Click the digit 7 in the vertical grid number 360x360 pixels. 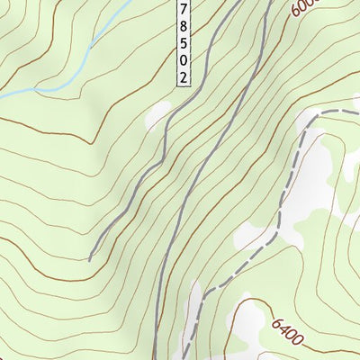pyautogui.click(x=184, y=8)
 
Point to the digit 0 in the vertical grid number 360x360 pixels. pyautogui.click(x=184, y=60)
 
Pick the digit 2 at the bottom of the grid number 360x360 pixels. pyautogui.click(x=184, y=78)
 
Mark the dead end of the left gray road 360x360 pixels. pyautogui.click(x=90, y=259)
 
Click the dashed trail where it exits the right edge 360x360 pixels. pyautogui.click(x=356, y=111)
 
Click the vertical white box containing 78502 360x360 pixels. pyautogui.click(x=184, y=43)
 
